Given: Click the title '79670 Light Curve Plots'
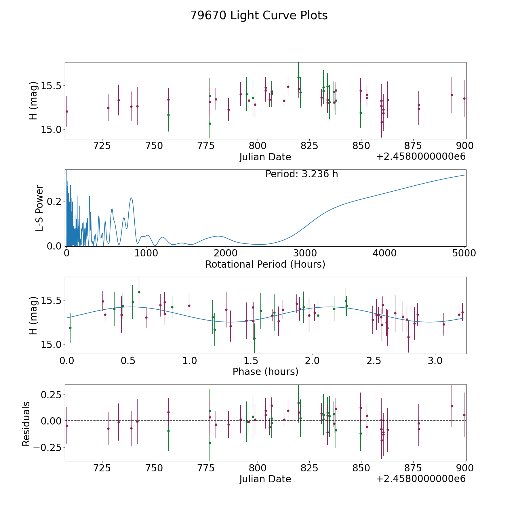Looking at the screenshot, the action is point(259,16).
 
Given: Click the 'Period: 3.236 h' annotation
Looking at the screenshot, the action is point(302,174).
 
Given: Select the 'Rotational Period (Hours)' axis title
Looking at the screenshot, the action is point(265,264).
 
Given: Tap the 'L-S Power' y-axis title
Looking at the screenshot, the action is point(39,208).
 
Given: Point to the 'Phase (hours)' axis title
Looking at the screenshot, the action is point(265,372).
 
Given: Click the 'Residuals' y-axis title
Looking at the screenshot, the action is point(26,424).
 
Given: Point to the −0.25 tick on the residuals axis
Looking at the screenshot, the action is point(47,447).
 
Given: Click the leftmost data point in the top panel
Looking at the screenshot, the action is point(67,111).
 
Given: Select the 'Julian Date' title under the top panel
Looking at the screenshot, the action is point(265,157).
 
